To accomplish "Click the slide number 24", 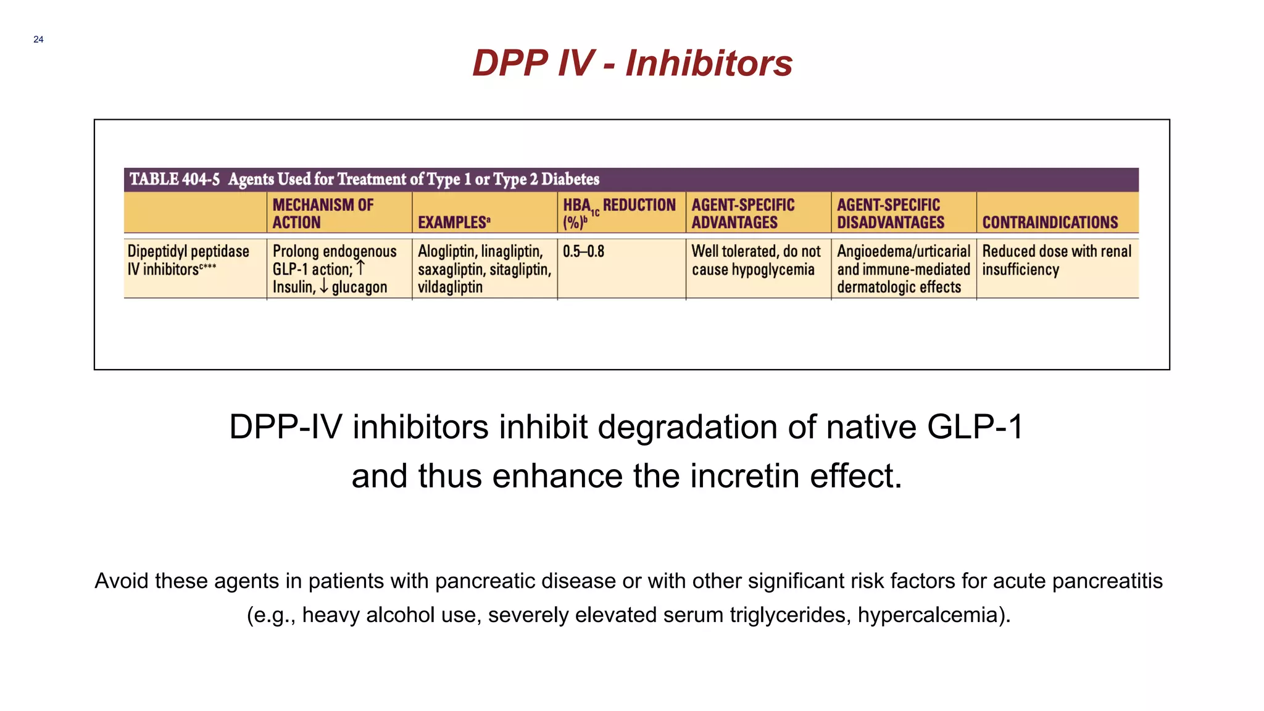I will pyautogui.click(x=38, y=39).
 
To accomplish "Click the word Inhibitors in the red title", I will pyautogui.click(x=709, y=63).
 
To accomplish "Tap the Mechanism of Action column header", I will pyautogui.click(x=323, y=213).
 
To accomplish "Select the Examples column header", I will pyautogui.click(x=454, y=222).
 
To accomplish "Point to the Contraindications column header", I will pyautogui.click(x=1050, y=222).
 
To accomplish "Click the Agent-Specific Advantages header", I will pyautogui.click(x=742, y=213).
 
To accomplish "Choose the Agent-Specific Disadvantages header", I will pyautogui.click(x=890, y=213).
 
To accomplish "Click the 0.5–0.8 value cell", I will pyautogui.click(x=583, y=252).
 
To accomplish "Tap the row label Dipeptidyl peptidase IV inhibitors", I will pyautogui.click(x=188, y=260).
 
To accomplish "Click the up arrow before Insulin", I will pyautogui.click(x=361, y=268).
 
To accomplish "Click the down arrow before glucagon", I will pyautogui.click(x=324, y=287).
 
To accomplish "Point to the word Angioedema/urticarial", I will pyautogui.click(x=903, y=252).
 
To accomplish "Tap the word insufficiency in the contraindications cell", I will pyautogui.click(x=1020, y=270).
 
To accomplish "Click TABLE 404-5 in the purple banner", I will pyautogui.click(x=175, y=179).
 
